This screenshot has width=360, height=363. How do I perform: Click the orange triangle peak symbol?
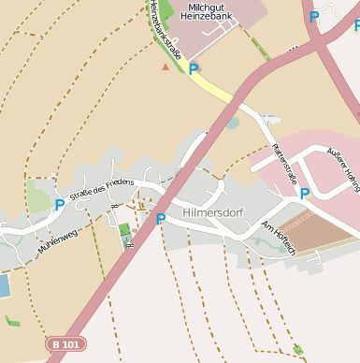(x=166, y=66)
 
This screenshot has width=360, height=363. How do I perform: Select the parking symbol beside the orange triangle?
(x=194, y=69)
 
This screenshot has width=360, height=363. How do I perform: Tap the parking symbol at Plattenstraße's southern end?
(x=305, y=194)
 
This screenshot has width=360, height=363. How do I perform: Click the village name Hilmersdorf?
(x=213, y=212)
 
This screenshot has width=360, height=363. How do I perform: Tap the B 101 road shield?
(x=65, y=344)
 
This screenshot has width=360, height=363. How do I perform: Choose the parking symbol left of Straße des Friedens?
(x=60, y=204)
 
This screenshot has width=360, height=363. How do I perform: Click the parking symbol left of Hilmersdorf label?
(x=161, y=219)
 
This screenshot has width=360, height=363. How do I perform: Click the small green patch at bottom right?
(x=297, y=350)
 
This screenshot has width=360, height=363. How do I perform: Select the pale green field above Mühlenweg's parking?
(x=40, y=196)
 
